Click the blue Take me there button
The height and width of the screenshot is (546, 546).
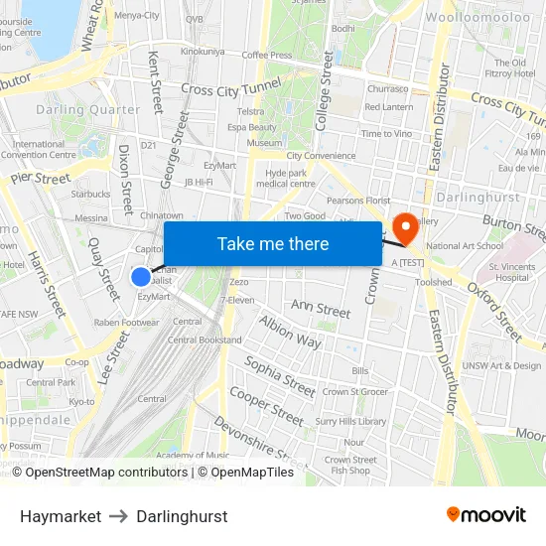(x=272, y=244)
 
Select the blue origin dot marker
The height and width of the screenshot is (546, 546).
(x=142, y=277)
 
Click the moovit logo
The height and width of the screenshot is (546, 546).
(x=485, y=515)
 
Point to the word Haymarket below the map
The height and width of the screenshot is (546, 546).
(x=61, y=516)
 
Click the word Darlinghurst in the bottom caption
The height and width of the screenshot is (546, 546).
(x=182, y=516)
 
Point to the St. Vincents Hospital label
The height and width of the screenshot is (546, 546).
(x=509, y=272)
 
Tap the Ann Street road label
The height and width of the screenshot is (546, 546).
(x=320, y=311)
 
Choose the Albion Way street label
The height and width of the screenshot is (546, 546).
(x=290, y=332)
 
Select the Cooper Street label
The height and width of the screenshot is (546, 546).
(x=265, y=406)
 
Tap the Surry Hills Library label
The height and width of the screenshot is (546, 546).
(x=350, y=421)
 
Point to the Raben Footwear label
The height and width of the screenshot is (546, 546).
(x=126, y=323)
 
